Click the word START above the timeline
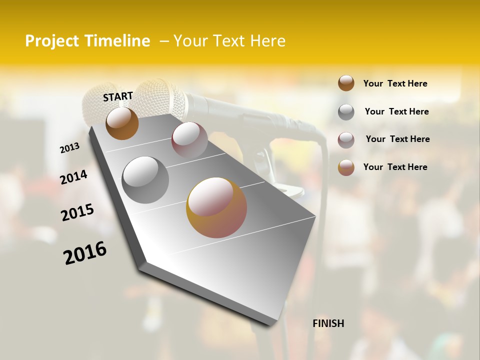[x=118, y=96]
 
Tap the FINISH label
[x=328, y=323]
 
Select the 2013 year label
[x=70, y=147]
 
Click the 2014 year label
[x=73, y=177]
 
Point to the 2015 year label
[x=77, y=212]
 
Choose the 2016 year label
[x=85, y=252]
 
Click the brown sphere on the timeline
[x=122, y=123]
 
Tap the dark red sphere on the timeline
[x=189, y=139]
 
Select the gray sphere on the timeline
[x=145, y=179]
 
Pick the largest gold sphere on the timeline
[x=216, y=207]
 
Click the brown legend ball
[x=346, y=83]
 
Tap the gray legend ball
[x=346, y=112]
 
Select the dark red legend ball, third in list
[x=346, y=140]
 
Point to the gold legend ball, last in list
[x=346, y=167]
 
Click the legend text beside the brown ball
[x=395, y=83]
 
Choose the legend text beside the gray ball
[x=396, y=111]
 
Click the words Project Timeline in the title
[x=87, y=41]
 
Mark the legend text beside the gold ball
[x=395, y=167]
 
